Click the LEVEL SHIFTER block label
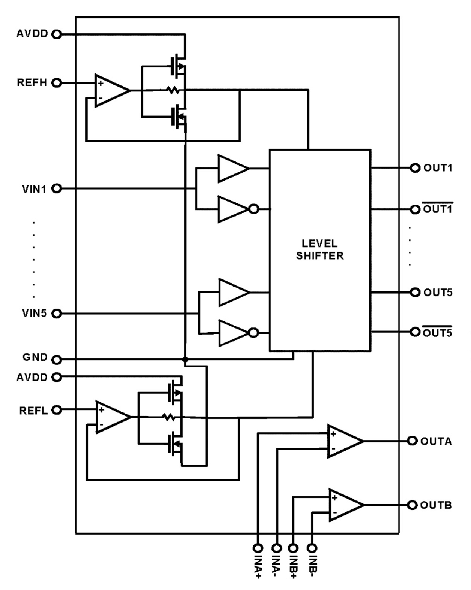319,249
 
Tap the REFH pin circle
57,83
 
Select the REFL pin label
33,411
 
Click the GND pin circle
57,360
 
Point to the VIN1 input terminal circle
57,188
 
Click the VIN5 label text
34,313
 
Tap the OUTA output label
436,441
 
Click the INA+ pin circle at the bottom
258,548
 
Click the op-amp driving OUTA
343,441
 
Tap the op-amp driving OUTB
344,505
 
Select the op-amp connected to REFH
111,90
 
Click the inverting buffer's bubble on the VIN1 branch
254,209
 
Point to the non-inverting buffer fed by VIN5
232,292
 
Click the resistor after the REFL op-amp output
169,417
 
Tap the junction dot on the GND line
185,360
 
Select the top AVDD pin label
32,34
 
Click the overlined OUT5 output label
438,332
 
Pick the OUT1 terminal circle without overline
415,168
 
